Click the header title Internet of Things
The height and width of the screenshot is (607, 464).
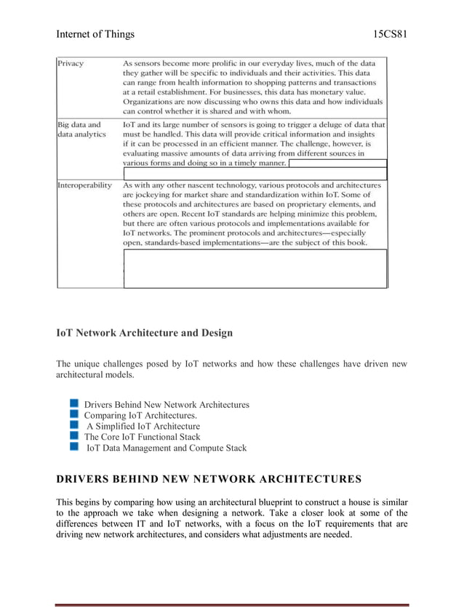pos(95,34)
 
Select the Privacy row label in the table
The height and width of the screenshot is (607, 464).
pos(71,64)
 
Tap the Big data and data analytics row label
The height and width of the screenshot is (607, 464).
pos(80,129)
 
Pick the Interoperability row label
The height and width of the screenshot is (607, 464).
pos(84,185)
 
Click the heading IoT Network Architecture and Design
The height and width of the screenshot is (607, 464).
pos(145,333)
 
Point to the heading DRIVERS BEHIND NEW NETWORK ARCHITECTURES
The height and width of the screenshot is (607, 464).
pos(208,479)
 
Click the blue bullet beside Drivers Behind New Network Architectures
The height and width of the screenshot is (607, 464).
pos(75,403)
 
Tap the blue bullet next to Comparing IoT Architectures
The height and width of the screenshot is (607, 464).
pos(75,414)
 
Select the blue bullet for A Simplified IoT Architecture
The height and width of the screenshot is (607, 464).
pos(75,425)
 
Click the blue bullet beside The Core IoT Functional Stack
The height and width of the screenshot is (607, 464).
pos(75,436)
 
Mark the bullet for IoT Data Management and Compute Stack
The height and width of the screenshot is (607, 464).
pos(75,447)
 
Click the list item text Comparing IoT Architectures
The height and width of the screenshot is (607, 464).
pos(140,415)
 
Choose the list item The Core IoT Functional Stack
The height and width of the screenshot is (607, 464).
pos(142,437)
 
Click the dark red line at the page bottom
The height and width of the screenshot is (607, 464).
pos(232,604)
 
